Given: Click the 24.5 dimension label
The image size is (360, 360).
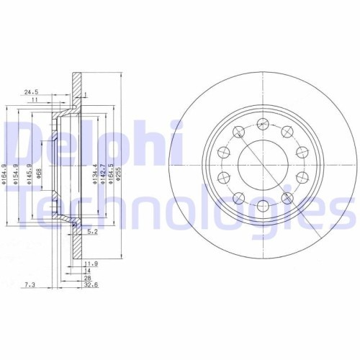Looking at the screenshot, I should pyautogui.click(x=30, y=92).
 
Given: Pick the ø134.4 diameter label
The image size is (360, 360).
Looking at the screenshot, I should pyautogui.click(x=96, y=174).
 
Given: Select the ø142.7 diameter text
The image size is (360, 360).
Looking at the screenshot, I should pyautogui.click(x=104, y=174).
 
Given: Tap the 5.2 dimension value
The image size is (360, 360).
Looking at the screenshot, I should pyautogui.click(x=91, y=232).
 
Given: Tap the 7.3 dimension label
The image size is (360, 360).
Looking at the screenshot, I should pyautogui.click(x=28, y=285).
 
